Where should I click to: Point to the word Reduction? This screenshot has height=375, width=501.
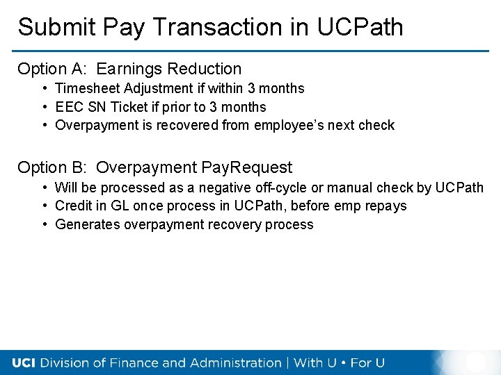[x=205, y=69]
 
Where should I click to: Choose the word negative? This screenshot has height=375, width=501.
[x=225, y=187]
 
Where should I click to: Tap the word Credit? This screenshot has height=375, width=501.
[x=73, y=206]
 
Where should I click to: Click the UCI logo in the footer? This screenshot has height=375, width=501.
[x=25, y=362]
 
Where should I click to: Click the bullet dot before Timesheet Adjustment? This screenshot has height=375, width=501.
[x=44, y=88]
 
